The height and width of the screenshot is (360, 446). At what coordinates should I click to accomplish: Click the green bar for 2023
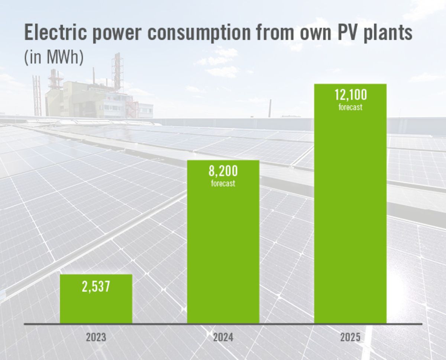[x=96, y=305]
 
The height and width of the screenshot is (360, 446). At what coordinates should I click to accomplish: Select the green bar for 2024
[x=223, y=253]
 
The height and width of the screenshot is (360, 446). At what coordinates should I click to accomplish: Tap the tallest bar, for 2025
[x=350, y=223]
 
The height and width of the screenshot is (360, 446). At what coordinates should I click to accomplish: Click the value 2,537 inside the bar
[x=96, y=287]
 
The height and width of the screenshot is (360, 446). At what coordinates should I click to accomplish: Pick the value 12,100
[x=350, y=95]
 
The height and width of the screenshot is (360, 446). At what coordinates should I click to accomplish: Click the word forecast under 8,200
[x=223, y=183]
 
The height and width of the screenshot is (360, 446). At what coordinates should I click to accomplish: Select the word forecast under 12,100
[x=350, y=108]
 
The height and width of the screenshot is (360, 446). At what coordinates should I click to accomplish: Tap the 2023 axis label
[x=96, y=338]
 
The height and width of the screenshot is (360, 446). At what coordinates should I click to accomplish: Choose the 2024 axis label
[x=223, y=338]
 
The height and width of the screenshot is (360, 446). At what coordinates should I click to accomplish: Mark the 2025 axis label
[x=350, y=338]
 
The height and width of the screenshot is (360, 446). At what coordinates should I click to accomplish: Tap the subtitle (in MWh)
[x=54, y=58]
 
